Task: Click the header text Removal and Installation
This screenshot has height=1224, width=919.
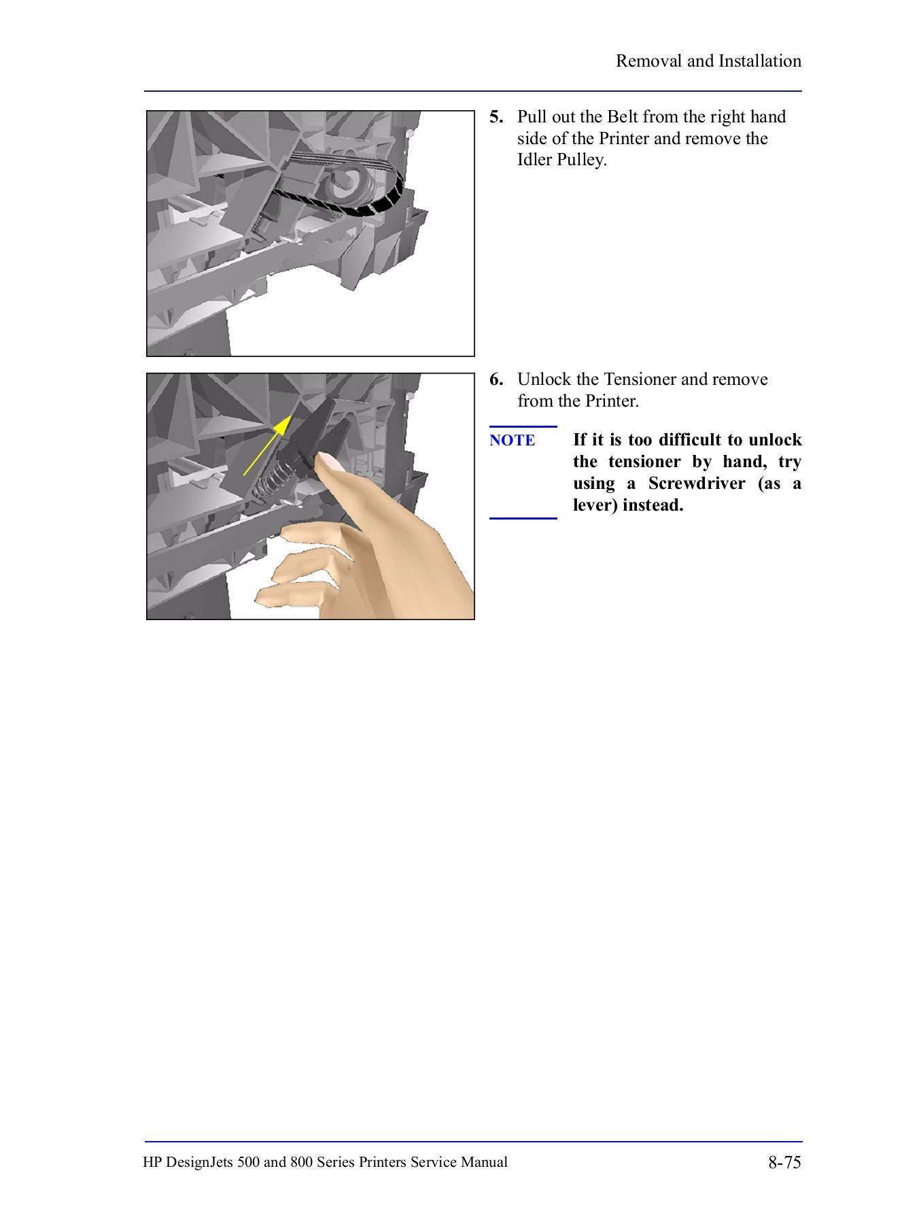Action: click(708, 61)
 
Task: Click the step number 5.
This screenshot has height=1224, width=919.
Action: click(496, 117)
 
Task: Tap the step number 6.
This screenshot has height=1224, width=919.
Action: click(496, 379)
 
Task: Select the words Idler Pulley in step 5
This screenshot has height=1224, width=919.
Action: click(561, 160)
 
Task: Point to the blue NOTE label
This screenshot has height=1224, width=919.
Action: click(512, 441)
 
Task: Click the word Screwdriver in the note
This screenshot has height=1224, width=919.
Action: click(696, 483)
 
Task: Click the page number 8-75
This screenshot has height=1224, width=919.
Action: click(784, 1162)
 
